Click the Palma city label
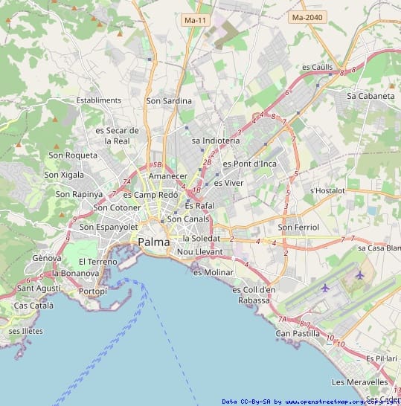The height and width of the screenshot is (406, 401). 153,242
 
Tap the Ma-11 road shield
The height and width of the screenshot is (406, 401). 196,20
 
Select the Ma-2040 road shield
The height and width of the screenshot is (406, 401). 308,16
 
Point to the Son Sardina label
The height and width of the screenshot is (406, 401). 169,100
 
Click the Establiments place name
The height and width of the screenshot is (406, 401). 98,100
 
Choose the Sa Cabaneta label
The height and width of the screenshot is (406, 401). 370,96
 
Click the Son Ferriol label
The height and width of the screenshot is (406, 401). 298,227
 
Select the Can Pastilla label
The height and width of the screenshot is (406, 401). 298,333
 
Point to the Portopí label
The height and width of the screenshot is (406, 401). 93,291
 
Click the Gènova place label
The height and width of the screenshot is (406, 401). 46,257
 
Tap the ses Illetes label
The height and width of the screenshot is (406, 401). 26,331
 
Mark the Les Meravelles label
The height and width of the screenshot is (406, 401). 359,382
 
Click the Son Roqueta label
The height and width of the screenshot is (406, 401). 73,155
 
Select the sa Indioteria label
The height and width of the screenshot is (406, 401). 216,140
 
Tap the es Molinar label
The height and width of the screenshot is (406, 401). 214,272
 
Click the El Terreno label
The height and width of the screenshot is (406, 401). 98,262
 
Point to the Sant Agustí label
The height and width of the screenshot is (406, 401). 39,288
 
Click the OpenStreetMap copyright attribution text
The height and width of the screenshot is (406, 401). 310,402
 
